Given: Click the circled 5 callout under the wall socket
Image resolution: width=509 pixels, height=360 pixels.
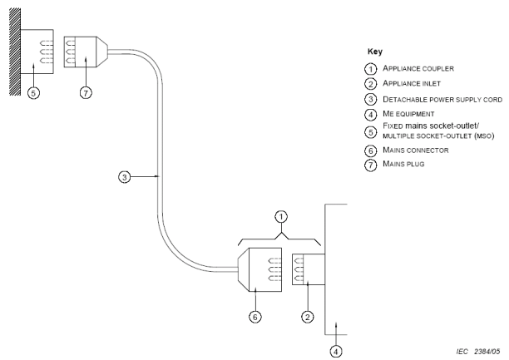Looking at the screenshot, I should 32,93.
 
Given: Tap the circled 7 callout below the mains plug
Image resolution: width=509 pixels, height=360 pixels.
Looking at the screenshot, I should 85,91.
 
